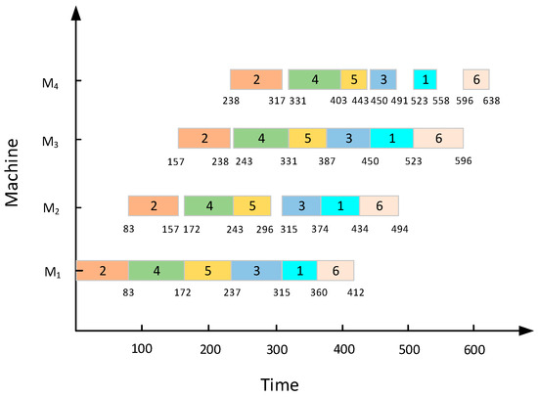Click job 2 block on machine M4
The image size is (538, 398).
pyautogui.click(x=256, y=80)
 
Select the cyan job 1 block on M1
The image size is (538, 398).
pyautogui.click(x=299, y=271)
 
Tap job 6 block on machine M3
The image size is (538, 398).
pyautogui.click(x=437, y=138)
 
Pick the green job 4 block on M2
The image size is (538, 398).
pyautogui.click(x=208, y=206)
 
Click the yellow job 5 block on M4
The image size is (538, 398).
pyautogui.click(x=353, y=80)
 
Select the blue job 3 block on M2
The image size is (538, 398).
pyautogui.click(x=301, y=206)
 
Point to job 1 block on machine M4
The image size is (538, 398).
pyautogui.click(x=425, y=80)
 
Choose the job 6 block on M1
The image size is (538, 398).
pyautogui.click(x=336, y=271)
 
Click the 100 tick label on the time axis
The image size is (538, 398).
pyautogui.click(x=142, y=349)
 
